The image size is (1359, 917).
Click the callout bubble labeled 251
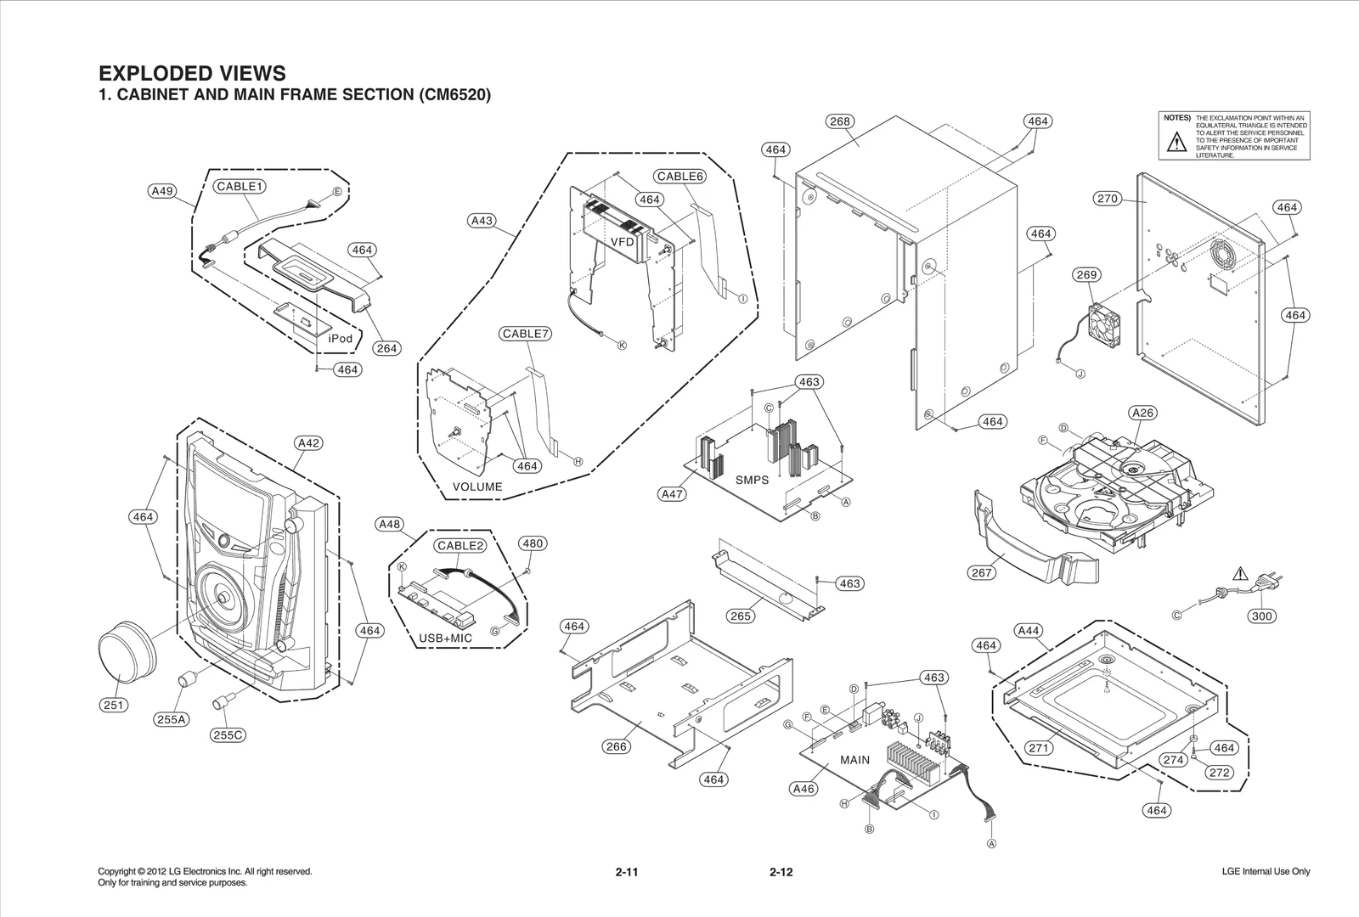click(x=114, y=705)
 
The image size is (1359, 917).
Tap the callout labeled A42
click(x=309, y=442)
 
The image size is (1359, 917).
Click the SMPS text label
click(x=752, y=480)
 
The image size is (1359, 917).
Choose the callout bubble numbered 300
click(x=1262, y=616)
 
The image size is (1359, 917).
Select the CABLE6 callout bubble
click(x=680, y=177)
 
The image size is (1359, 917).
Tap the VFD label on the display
click(x=623, y=242)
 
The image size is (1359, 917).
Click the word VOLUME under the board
click(x=477, y=487)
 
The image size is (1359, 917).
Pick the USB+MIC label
click(x=446, y=638)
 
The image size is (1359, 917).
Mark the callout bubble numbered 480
click(x=533, y=543)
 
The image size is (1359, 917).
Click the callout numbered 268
click(x=839, y=121)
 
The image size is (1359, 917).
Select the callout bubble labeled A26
click(x=1143, y=413)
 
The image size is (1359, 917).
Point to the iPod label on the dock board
click(x=340, y=338)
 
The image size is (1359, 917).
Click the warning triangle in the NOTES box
click(x=1176, y=142)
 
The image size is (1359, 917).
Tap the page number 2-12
click(x=781, y=872)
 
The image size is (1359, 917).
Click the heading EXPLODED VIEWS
click(x=193, y=73)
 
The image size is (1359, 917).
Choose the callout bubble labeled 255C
click(x=228, y=734)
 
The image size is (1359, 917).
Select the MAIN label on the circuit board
click(x=854, y=760)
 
